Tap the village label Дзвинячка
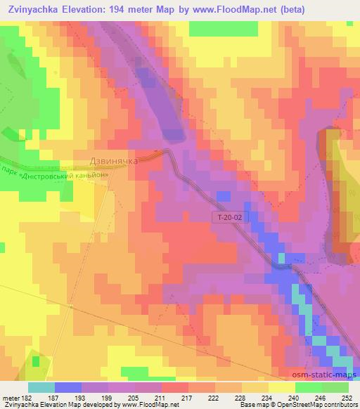pos(115,160)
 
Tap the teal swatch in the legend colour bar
pos(41,387)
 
